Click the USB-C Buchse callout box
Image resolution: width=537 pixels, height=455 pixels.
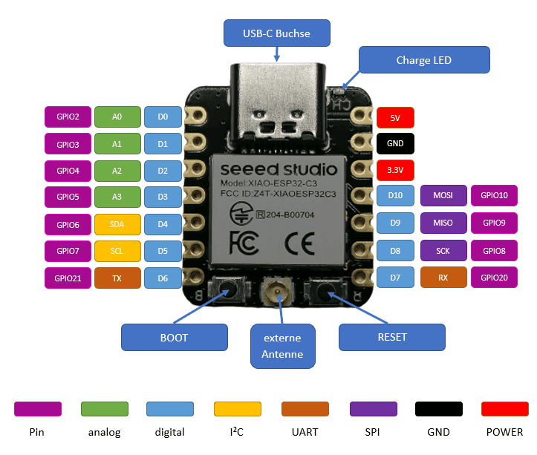(276, 33)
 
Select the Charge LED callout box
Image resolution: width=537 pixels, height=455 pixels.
(423, 60)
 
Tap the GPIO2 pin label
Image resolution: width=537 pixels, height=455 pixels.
(68, 117)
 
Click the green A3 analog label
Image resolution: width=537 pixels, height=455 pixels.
(117, 197)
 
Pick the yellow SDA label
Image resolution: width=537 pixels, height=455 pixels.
(117, 224)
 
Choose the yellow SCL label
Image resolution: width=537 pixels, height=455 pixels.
(117, 251)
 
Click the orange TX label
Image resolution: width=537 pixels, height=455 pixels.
(117, 278)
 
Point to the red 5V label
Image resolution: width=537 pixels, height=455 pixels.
(395, 117)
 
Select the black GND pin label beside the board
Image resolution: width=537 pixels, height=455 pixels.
(395, 143)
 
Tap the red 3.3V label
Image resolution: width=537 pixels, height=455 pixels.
(395, 170)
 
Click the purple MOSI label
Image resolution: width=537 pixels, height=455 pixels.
(443, 196)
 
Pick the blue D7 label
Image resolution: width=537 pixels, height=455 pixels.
(395, 278)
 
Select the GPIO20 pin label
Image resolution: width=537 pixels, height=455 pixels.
(494, 278)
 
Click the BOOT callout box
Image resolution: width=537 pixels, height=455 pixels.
(174, 338)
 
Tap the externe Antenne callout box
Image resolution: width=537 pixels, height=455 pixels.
(282, 346)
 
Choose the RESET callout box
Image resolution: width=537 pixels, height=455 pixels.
(392, 337)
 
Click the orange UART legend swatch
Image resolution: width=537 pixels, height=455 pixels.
(305, 409)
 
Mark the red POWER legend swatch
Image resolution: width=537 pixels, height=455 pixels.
(505, 409)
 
